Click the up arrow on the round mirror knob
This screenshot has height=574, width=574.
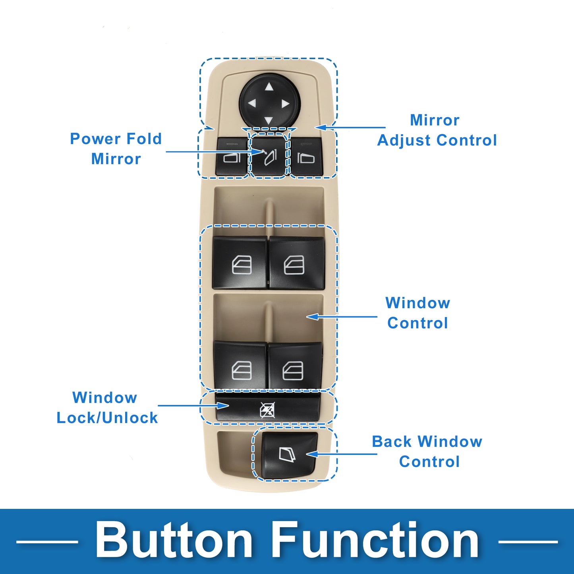(269, 87)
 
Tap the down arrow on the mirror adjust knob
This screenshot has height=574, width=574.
(269, 121)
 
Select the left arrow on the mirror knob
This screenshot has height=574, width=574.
(252, 103)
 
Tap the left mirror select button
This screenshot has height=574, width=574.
(232, 157)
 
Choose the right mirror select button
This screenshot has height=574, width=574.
(307, 157)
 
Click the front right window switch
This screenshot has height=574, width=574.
(297, 263)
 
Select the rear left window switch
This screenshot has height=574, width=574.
(240, 365)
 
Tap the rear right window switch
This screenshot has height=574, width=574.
(295, 365)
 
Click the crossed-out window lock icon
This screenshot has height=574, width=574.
(267, 410)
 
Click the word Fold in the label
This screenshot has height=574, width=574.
(144, 139)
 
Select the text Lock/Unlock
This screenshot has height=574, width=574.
(107, 417)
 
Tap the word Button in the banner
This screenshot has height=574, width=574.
(174, 541)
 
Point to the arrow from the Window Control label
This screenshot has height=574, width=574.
(342, 317)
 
